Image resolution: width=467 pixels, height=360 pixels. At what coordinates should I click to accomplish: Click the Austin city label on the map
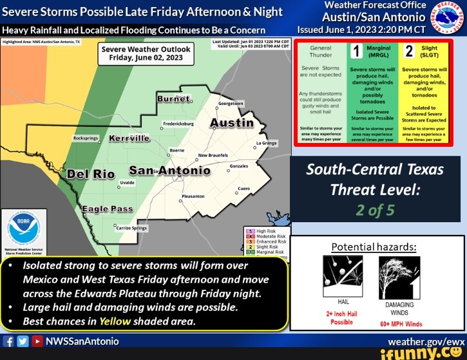click(x=231, y=123)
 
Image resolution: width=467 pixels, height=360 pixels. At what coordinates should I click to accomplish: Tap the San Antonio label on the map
click(x=169, y=171)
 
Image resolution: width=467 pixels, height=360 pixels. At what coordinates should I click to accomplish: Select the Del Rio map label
click(x=91, y=174)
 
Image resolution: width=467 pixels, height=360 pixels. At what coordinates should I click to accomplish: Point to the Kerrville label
click(x=129, y=138)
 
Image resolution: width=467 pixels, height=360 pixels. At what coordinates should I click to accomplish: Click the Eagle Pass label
click(x=107, y=209)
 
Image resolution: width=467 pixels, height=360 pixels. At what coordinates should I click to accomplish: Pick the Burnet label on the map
click(x=174, y=99)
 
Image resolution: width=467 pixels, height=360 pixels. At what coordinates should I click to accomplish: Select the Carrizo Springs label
click(x=131, y=228)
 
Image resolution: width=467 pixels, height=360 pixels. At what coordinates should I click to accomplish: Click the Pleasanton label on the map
click(x=193, y=196)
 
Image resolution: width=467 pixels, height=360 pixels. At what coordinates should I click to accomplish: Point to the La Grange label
click(x=267, y=143)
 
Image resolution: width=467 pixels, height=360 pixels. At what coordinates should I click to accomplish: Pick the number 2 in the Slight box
click(x=408, y=52)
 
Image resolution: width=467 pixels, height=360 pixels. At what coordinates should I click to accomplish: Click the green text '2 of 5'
click(x=375, y=211)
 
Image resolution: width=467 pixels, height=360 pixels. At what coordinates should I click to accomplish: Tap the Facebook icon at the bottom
click(x=8, y=341)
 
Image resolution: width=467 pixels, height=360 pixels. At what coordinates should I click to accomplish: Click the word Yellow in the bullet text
click(x=115, y=321)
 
